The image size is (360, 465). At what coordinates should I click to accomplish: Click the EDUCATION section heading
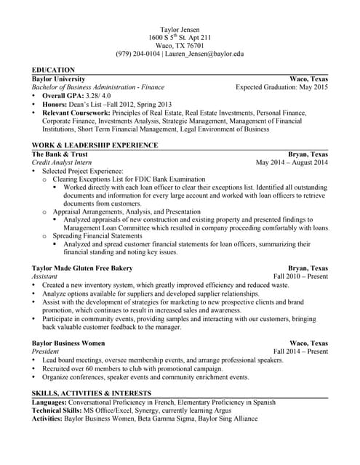pyautogui.click(x=53, y=70)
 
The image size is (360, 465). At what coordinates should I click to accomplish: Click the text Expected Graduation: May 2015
pyautogui.click(x=281, y=86)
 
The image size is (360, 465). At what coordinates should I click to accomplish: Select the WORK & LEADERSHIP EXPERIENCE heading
pyautogui.click(x=95, y=145)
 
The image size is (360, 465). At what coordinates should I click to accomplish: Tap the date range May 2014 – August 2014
pyautogui.click(x=292, y=163)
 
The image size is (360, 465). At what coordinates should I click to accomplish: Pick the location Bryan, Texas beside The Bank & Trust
pyautogui.click(x=308, y=154)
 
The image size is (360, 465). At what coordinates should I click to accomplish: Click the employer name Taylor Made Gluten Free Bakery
pyautogui.click(x=82, y=267)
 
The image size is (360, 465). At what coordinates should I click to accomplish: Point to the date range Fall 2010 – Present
pyautogui.click(x=300, y=277)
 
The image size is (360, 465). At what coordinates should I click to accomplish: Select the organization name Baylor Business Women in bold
pyautogui.click(x=68, y=342)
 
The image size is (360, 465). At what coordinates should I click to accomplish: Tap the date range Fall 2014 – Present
pyautogui.click(x=300, y=351)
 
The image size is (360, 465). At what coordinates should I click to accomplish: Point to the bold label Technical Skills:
pyautogui.click(x=57, y=410)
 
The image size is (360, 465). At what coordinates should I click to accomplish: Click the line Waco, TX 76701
pyautogui.click(x=180, y=44)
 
